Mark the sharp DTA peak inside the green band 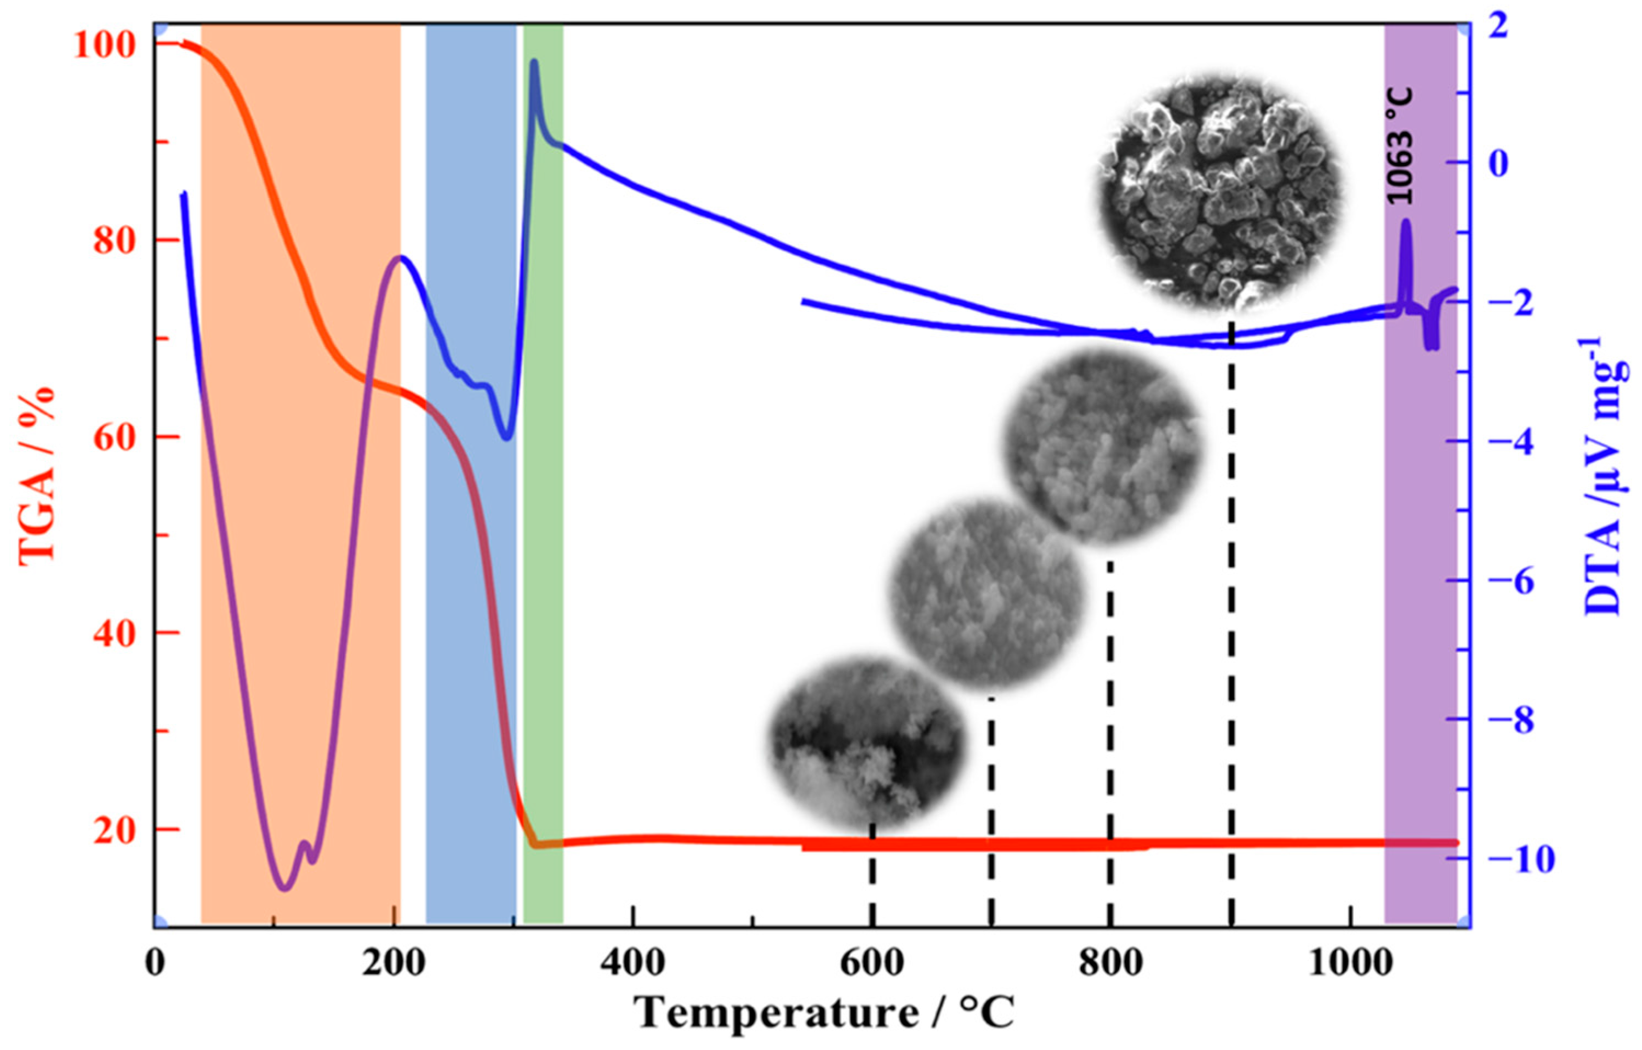534,62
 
